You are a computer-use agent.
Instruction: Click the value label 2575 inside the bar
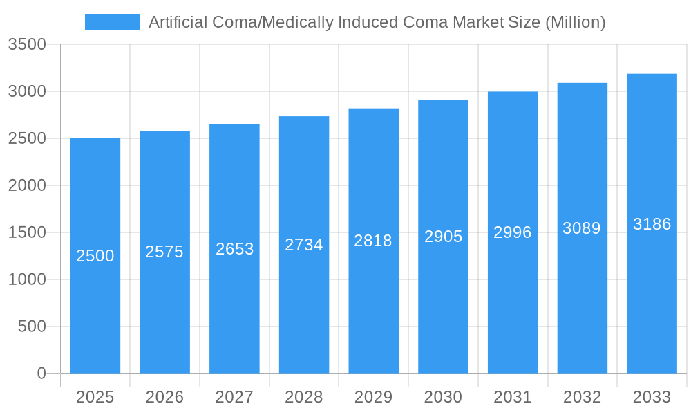tap(164, 252)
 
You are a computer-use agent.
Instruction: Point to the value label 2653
tap(235, 249)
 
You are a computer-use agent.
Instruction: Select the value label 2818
tap(373, 241)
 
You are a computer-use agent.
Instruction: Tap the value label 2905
tap(443, 237)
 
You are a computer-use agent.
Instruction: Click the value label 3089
tap(582, 228)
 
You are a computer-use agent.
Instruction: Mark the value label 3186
tap(652, 224)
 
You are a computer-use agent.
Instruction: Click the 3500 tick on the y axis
tap(27, 45)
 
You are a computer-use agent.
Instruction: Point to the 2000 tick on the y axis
tap(27, 185)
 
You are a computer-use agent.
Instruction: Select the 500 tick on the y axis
tap(32, 326)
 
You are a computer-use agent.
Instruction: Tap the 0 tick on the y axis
tap(41, 373)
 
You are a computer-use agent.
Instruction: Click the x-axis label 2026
tap(164, 397)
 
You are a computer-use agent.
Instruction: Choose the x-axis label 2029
tap(373, 397)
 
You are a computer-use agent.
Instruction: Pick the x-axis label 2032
tap(582, 397)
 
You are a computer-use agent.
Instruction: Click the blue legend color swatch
tap(112, 22)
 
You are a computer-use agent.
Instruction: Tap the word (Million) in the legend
tap(575, 22)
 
